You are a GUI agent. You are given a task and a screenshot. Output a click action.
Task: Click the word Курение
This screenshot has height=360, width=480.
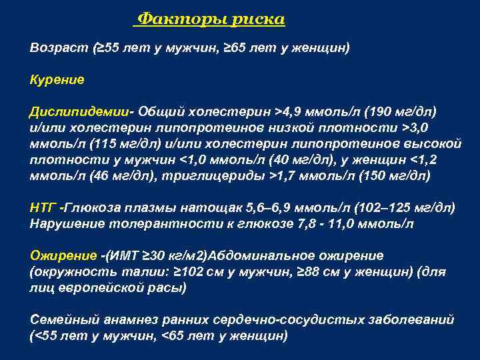pos(57,80)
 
